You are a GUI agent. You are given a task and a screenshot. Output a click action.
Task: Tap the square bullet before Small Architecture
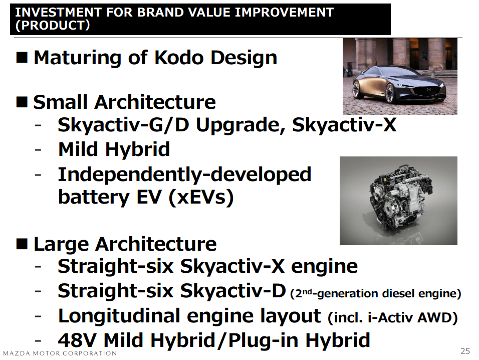point(22,102)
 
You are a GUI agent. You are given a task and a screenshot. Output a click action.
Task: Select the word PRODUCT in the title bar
point(52,25)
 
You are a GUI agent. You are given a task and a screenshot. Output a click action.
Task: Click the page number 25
point(465,351)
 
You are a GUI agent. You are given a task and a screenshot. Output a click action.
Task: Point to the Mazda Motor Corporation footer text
point(60,353)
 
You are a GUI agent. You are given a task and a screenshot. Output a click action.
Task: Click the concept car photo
point(400,76)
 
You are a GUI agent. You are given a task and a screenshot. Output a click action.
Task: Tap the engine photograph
point(398,201)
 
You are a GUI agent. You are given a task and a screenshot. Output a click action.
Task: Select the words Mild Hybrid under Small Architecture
point(114,149)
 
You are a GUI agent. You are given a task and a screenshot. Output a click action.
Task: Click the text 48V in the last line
point(77,340)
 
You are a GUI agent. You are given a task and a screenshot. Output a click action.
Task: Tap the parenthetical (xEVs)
point(201,197)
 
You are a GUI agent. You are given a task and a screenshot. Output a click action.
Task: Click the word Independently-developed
point(184,175)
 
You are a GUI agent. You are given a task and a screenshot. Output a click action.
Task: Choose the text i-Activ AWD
point(411,318)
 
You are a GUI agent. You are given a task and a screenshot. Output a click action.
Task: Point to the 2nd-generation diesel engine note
point(375,294)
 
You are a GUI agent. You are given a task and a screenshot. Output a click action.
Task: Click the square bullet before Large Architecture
point(22,244)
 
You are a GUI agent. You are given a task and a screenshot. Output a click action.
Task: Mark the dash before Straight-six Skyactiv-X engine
point(38,266)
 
